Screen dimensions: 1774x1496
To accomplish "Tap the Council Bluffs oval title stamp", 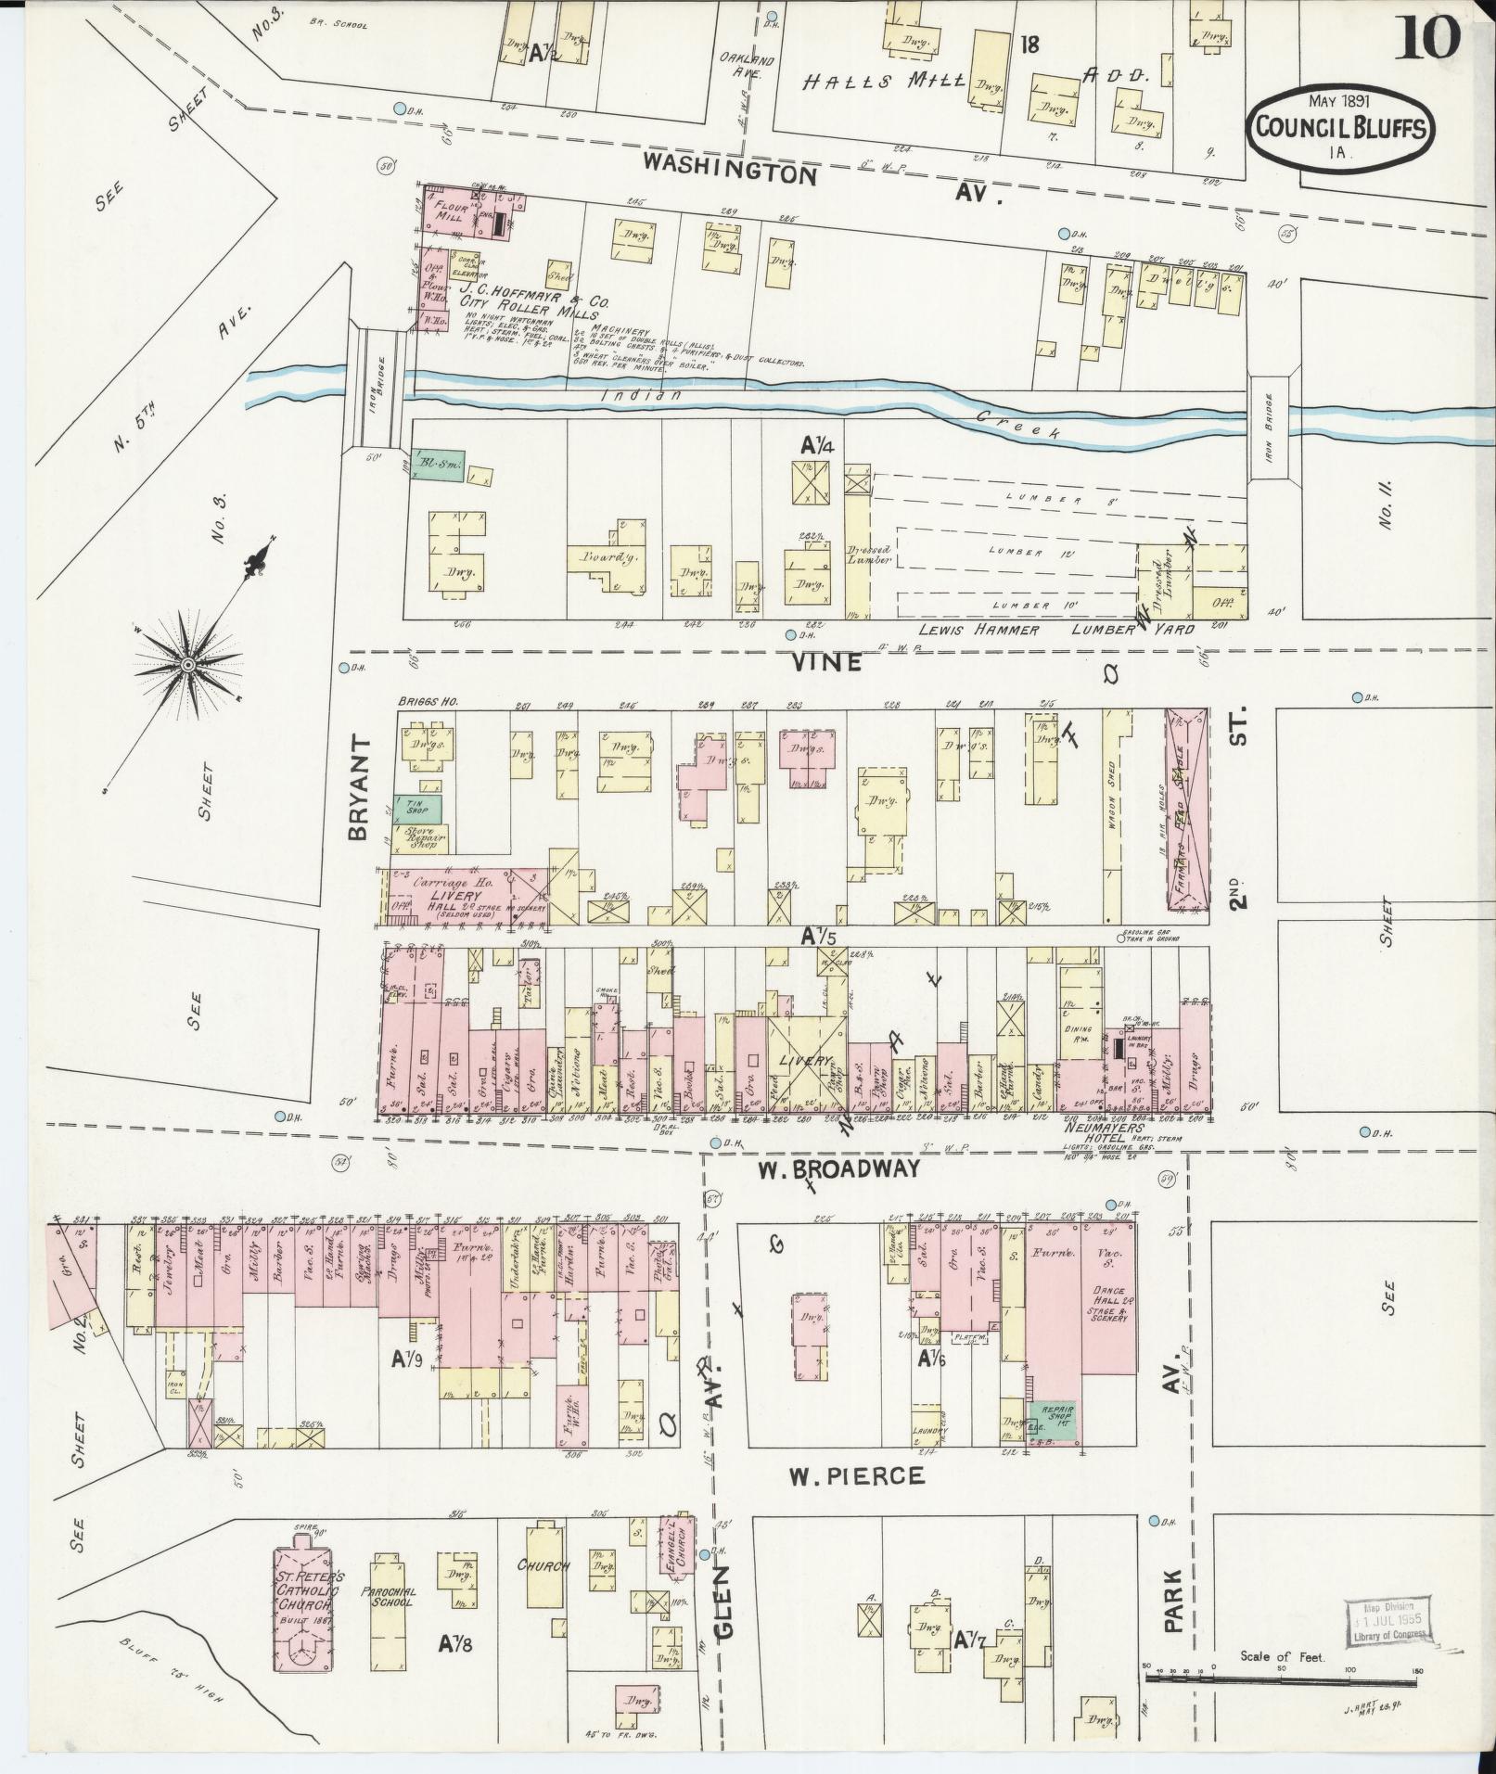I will coord(1341,128).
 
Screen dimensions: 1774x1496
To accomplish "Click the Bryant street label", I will coord(361,788).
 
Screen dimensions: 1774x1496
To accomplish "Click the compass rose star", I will coord(188,665).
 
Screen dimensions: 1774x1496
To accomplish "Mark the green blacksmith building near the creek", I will coord(437,468).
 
